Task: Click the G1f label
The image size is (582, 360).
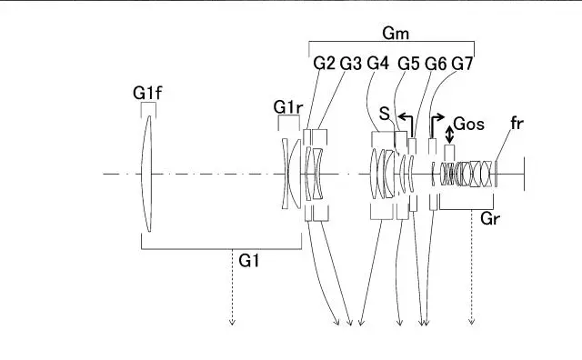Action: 147,93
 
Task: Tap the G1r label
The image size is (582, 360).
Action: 288,107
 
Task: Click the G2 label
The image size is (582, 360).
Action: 324,64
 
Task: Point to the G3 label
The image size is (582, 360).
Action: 351,64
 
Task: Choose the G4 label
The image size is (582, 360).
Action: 378,64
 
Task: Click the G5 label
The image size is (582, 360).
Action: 408,64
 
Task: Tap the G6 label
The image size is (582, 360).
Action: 436,64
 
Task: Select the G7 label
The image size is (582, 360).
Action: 462,64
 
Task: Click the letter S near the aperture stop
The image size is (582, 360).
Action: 385,114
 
